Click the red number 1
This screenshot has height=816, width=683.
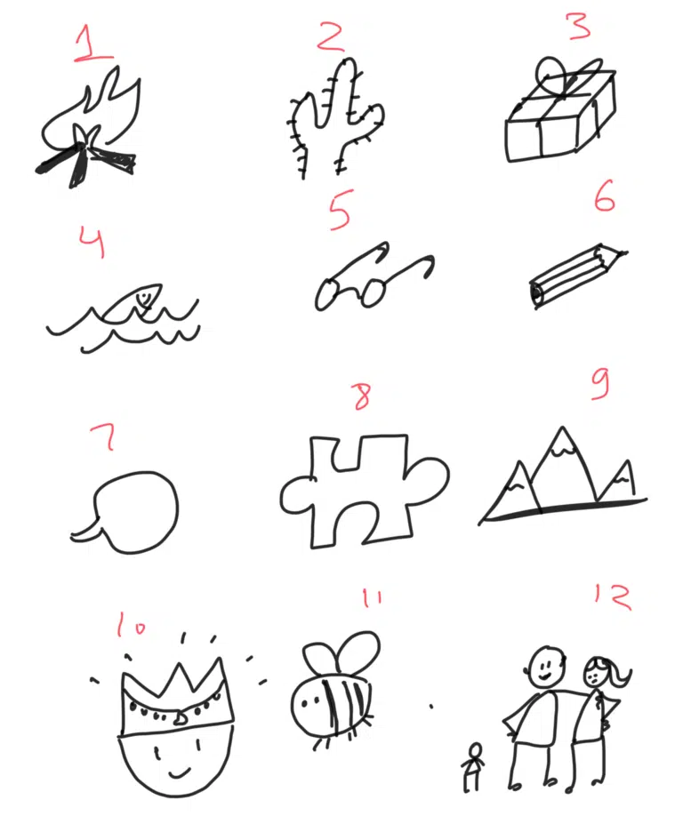(92, 44)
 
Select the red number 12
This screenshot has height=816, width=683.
(614, 597)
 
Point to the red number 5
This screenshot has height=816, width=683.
(341, 210)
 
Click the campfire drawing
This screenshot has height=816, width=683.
(87, 130)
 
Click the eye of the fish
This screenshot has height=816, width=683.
(141, 298)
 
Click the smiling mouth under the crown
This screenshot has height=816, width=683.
(178, 772)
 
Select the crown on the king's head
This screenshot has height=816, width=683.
(176, 697)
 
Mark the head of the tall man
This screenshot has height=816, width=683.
(546, 668)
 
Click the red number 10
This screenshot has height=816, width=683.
(130, 624)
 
